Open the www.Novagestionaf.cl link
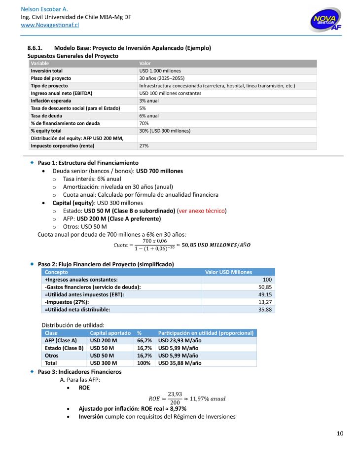pyautogui.click(x=50, y=25)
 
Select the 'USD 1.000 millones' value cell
pyautogui.click(x=160, y=71)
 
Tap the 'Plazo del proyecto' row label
pyautogui.click(x=51, y=78)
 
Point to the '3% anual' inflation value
pyautogui.click(x=149, y=101)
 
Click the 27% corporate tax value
pyautogui.click(x=144, y=146)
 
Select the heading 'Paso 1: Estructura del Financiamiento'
pyautogui.click(x=88, y=163)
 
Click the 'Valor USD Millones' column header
pyautogui.click(x=228, y=272)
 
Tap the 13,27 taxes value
pyautogui.click(x=265, y=302)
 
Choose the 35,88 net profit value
pyautogui.click(x=265, y=309)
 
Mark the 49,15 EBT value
pyautogui.click(x=265, y=294)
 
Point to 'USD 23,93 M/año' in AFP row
pyautogui.click(x=180, y=340)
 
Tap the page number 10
pyautogui.click(x=340, y=433)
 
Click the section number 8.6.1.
pyautogui.click(x=35, y=48)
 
